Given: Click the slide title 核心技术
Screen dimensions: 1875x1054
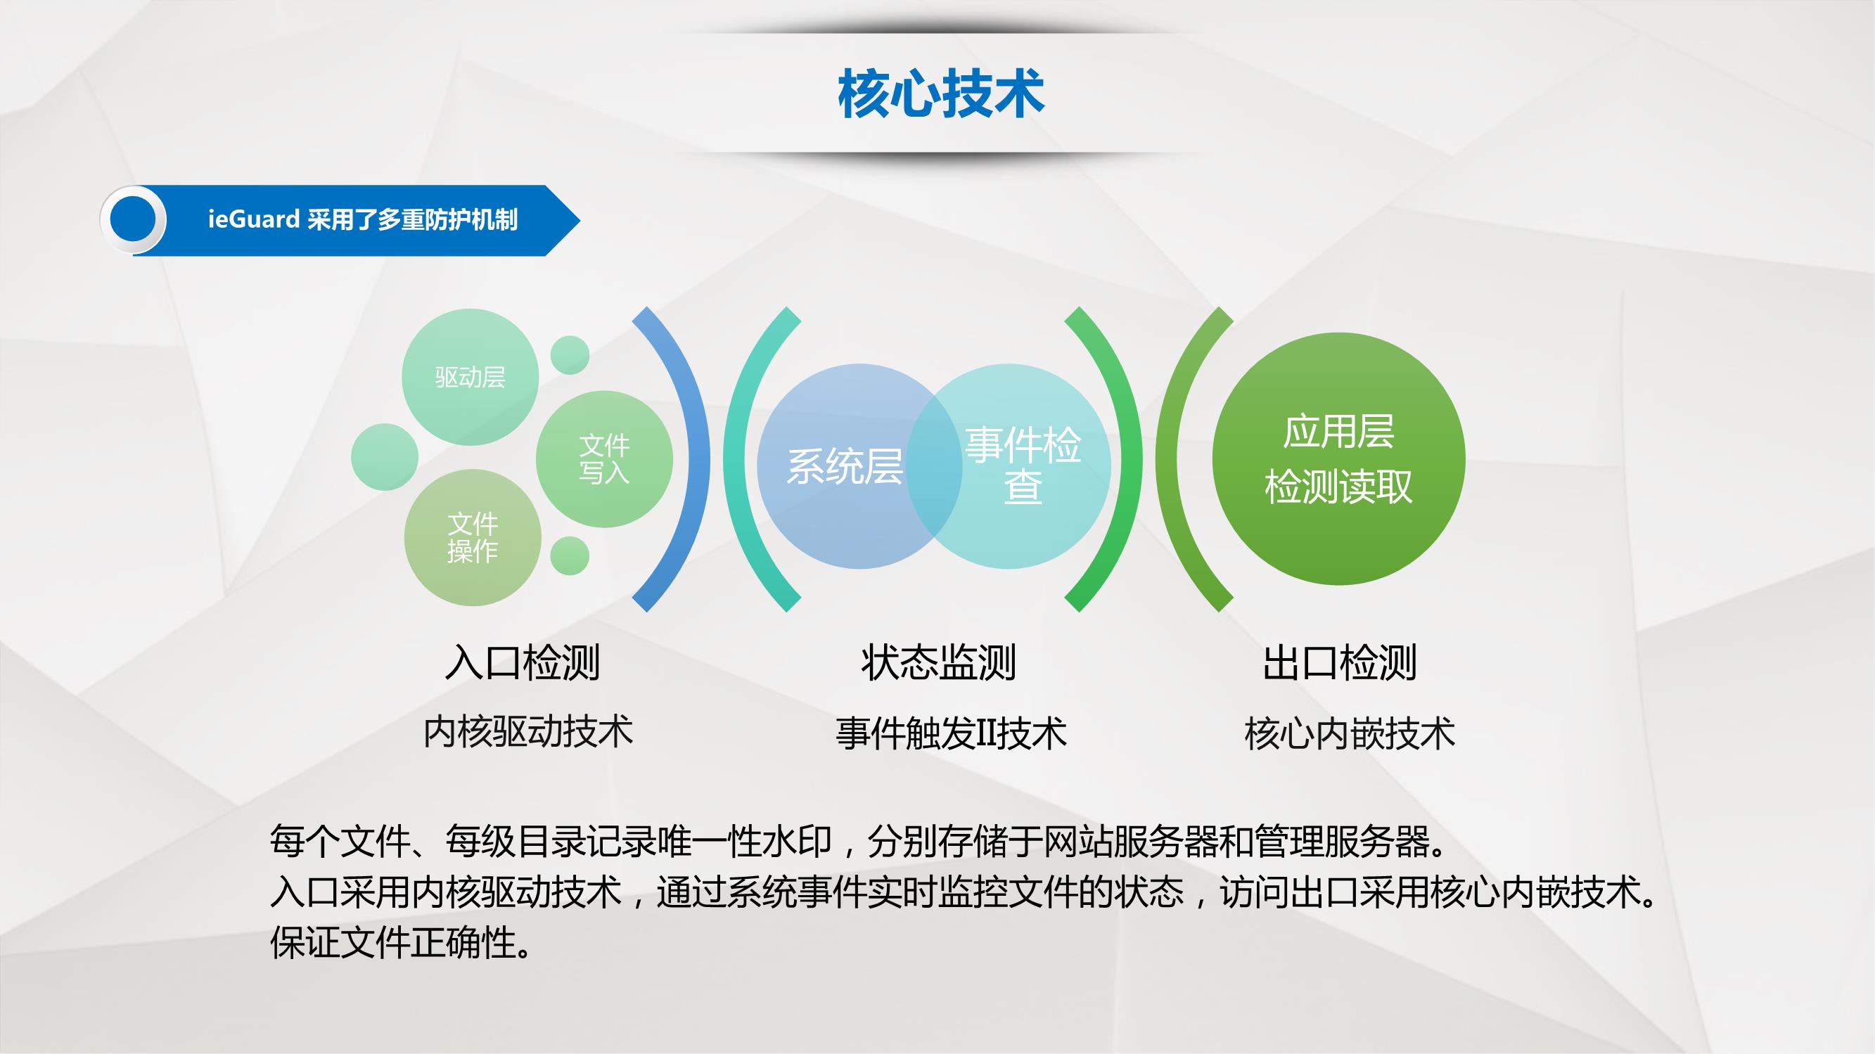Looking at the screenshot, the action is coord(941,94).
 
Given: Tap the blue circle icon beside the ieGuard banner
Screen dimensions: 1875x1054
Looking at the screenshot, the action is coord(133,220).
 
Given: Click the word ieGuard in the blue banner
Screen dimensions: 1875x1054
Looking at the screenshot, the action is coord(253,219).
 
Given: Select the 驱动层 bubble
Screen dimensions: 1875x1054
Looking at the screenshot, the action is coord(471,377).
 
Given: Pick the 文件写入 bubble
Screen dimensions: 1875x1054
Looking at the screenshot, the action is coord(604,459).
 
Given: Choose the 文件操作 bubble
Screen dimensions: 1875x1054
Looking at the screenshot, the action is coord(473,537).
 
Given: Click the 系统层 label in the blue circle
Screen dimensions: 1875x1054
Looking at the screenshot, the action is coord(845,467).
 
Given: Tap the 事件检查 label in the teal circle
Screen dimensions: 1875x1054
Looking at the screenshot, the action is coord(1023,466).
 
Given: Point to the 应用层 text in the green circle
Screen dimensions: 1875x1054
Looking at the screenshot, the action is coord(1338,432).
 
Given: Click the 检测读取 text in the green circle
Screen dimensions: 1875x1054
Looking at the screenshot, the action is coord(1338,487).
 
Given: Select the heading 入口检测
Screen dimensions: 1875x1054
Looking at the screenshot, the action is coord(523,662).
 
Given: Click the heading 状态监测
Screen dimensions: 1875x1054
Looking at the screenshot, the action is coord(938,662).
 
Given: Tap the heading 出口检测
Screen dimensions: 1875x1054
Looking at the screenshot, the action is coord(1339,662).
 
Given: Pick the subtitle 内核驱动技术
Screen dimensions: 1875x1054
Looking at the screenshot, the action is coord(528,732).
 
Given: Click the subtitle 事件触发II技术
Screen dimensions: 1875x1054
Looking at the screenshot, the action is coord(952,733).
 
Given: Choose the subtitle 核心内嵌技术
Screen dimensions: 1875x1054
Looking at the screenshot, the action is coord(1350,733).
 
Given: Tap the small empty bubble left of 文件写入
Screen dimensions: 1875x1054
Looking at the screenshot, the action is coord(384,457).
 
